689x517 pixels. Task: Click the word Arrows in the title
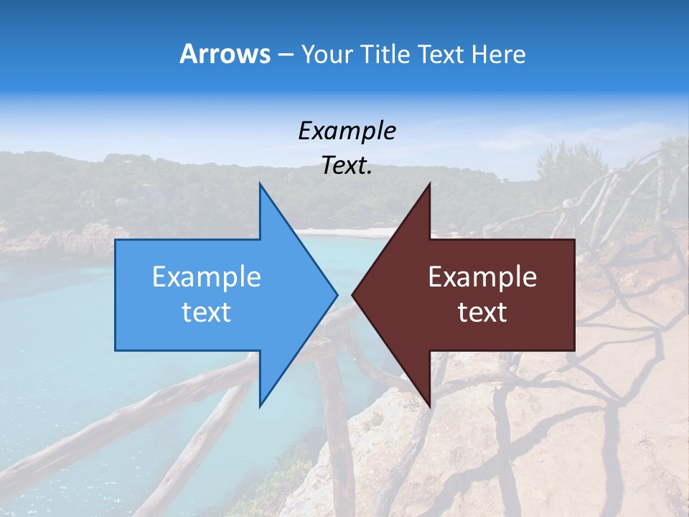pyautogui.click(x=225, y=54)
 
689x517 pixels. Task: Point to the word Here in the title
pyautogui.click(x=498, y=55)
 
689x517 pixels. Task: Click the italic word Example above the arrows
pyautogui.click(x=347, y=131)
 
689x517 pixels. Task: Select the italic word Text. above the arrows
pyautogui.click(x=347, y=166)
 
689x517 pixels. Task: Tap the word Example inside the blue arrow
pyautogui.click(x=207, y=277)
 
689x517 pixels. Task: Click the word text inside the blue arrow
pyautogui.click(x=207, y=312)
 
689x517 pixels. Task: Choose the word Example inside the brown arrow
pyautogui.click(x=482, y=277)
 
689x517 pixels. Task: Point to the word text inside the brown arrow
pyautogui.click(x=482, y=312)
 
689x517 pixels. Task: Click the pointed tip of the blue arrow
pyautogui.click(x=337, y=294)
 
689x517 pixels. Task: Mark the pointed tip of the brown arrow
pyautogui.click(x=353, y=294)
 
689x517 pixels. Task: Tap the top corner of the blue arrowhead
pyautogui.click(x=260, y=185)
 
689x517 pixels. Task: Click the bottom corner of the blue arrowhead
pyautogui.click(x=260, y=405)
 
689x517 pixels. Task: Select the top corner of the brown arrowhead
pyautogui.click(x=429, y=185)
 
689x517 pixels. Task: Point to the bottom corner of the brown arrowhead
pyautogui.click(x=429, y=405)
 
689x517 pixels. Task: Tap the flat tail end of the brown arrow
pyautogui.click(x=573, y=294)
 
